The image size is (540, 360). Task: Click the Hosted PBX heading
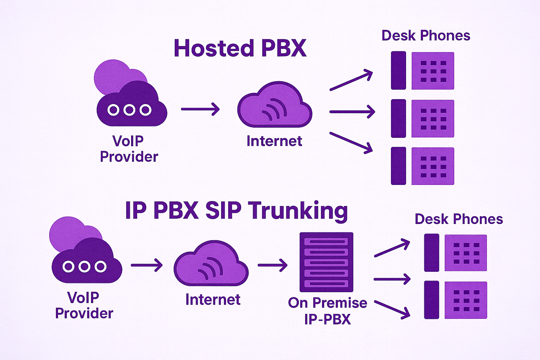coord(240,49)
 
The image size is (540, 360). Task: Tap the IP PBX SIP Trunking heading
coord(236,211)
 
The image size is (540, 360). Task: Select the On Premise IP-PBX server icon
coord(326,262)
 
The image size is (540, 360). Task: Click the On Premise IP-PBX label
coord(327,311)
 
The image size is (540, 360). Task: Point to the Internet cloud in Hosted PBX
coord(275,105)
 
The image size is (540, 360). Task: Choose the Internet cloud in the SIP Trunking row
coord(211,264)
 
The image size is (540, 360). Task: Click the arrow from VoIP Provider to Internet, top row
coord(200,109)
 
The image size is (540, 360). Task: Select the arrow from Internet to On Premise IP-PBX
coord(272,265)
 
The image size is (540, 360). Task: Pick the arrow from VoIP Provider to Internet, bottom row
coord(147,265)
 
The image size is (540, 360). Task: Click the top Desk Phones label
coord(426,36)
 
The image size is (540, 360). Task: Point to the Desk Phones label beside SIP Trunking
coord(459,219)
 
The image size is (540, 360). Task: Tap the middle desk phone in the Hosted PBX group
coord(423,118)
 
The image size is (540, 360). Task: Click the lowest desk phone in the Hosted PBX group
coord(423,166)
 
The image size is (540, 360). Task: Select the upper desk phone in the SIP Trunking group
coord(455,253)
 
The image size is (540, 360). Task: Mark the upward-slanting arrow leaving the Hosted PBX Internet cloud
coord(351,80)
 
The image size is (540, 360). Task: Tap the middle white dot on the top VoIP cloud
coord(129,110)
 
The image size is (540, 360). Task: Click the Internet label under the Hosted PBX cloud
coord(274,141)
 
